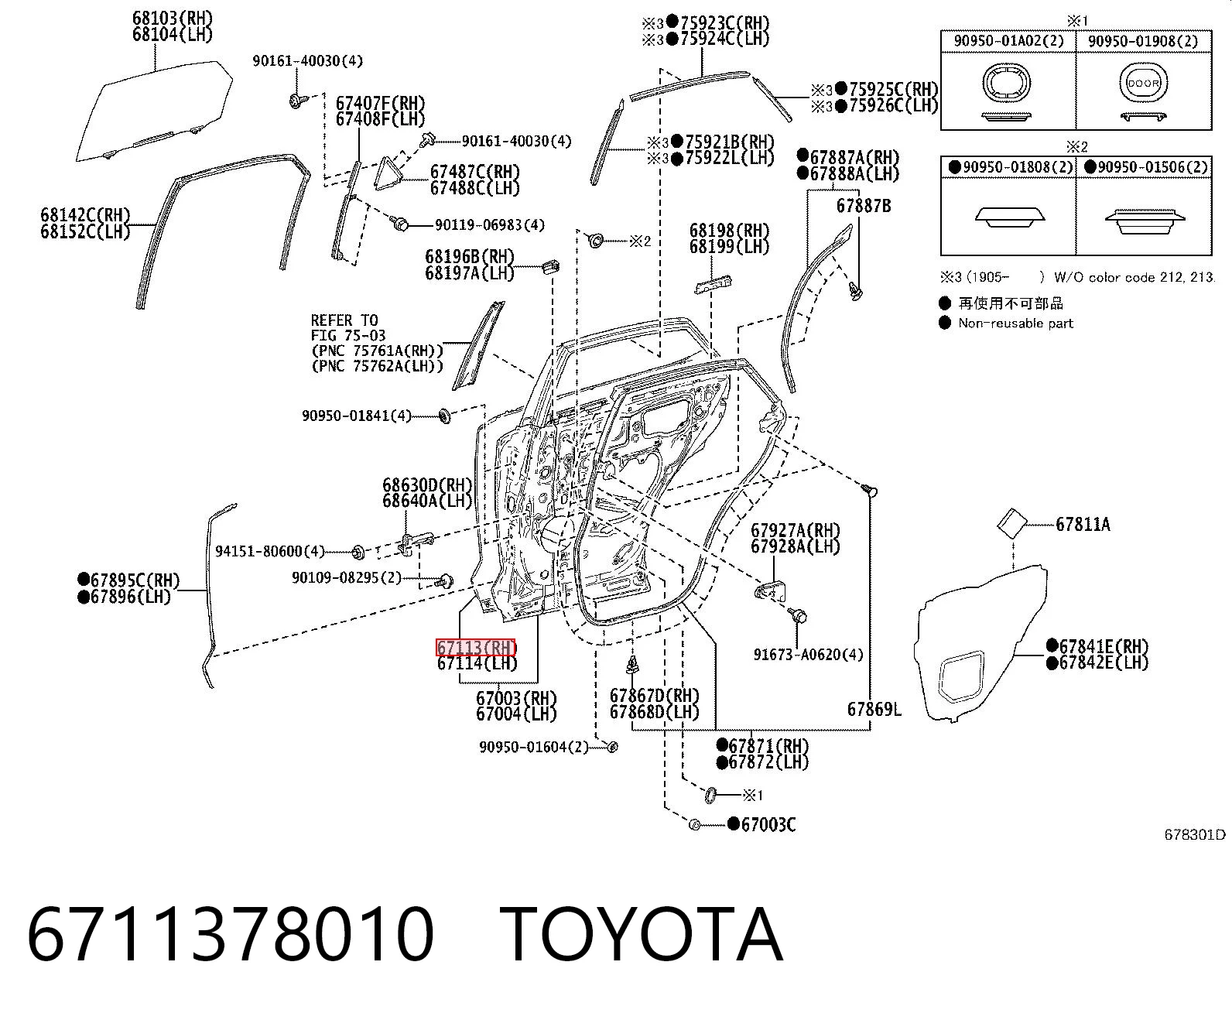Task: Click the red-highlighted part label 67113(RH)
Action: [x=476, y=648]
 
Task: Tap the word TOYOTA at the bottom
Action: [x=642, y=935]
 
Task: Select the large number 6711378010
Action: [x=231, y=935]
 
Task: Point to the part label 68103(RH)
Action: [x=172, y=19]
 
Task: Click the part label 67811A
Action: [x=1083, y=524]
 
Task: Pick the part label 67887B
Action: [x=863, y=206]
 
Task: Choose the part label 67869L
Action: [x=874, y=709]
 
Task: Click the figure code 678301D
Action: [x=1194, y=834]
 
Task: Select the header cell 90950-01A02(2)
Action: [x=1008, y=41]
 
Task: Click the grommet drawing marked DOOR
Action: [x=1143, y=83]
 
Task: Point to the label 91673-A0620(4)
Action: [x=808, y=654]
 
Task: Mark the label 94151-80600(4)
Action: [x=269, y=551]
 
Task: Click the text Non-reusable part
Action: [x=1015, y=323]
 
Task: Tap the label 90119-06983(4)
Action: [x=490, y=225]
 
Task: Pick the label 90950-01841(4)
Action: [x=357, y=416]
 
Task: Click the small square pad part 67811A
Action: [x=1011, y=522]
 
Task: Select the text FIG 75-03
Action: [x=348, y=335]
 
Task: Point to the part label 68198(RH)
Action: [x=729, y=230]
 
